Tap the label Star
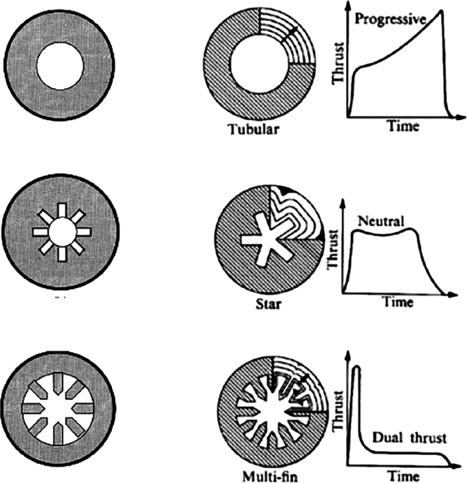click(263, 304)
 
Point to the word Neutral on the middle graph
click(381, 221)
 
